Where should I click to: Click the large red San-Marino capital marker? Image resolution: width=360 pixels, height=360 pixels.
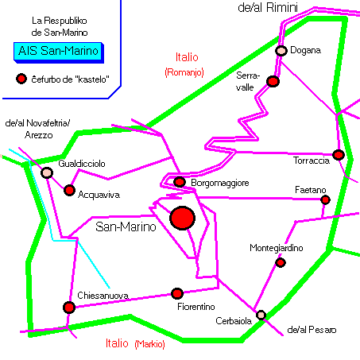coord(183,218)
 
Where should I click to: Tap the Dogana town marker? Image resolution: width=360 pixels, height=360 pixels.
coord(281,50)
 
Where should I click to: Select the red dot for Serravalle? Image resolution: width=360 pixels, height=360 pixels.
coord(273,81)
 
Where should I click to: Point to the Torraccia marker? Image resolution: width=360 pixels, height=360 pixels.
coord(339,155)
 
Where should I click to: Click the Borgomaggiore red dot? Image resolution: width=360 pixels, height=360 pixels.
coord(180,182)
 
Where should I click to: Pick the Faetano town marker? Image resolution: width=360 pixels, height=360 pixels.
coord(325,199)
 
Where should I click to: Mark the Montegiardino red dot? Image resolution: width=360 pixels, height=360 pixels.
coord(281,262)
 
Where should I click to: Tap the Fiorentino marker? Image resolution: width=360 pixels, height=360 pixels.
coord(177,293)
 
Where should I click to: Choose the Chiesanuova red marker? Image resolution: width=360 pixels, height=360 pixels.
coord(69,308)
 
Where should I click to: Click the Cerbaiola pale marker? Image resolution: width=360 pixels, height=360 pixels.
coord(261,315)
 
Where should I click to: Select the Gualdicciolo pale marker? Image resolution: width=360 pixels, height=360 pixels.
coord(47,172)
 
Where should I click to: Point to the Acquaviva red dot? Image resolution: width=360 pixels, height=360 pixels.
coord(69,190)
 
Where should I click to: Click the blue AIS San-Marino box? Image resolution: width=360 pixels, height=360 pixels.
coord(59,52)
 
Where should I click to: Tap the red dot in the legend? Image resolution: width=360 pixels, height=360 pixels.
coord(21,79)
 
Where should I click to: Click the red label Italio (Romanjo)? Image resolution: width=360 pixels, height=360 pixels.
coord(184,64)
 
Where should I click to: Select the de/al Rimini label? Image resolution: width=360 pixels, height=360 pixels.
coord(268,7)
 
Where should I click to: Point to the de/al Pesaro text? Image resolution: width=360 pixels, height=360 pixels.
coord(312,330)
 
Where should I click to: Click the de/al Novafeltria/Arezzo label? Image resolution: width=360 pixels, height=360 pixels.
coord(37,129)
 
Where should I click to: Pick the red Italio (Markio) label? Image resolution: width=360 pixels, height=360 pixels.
coord(135,343)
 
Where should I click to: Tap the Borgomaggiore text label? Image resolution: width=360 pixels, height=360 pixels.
coord(220,183)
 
